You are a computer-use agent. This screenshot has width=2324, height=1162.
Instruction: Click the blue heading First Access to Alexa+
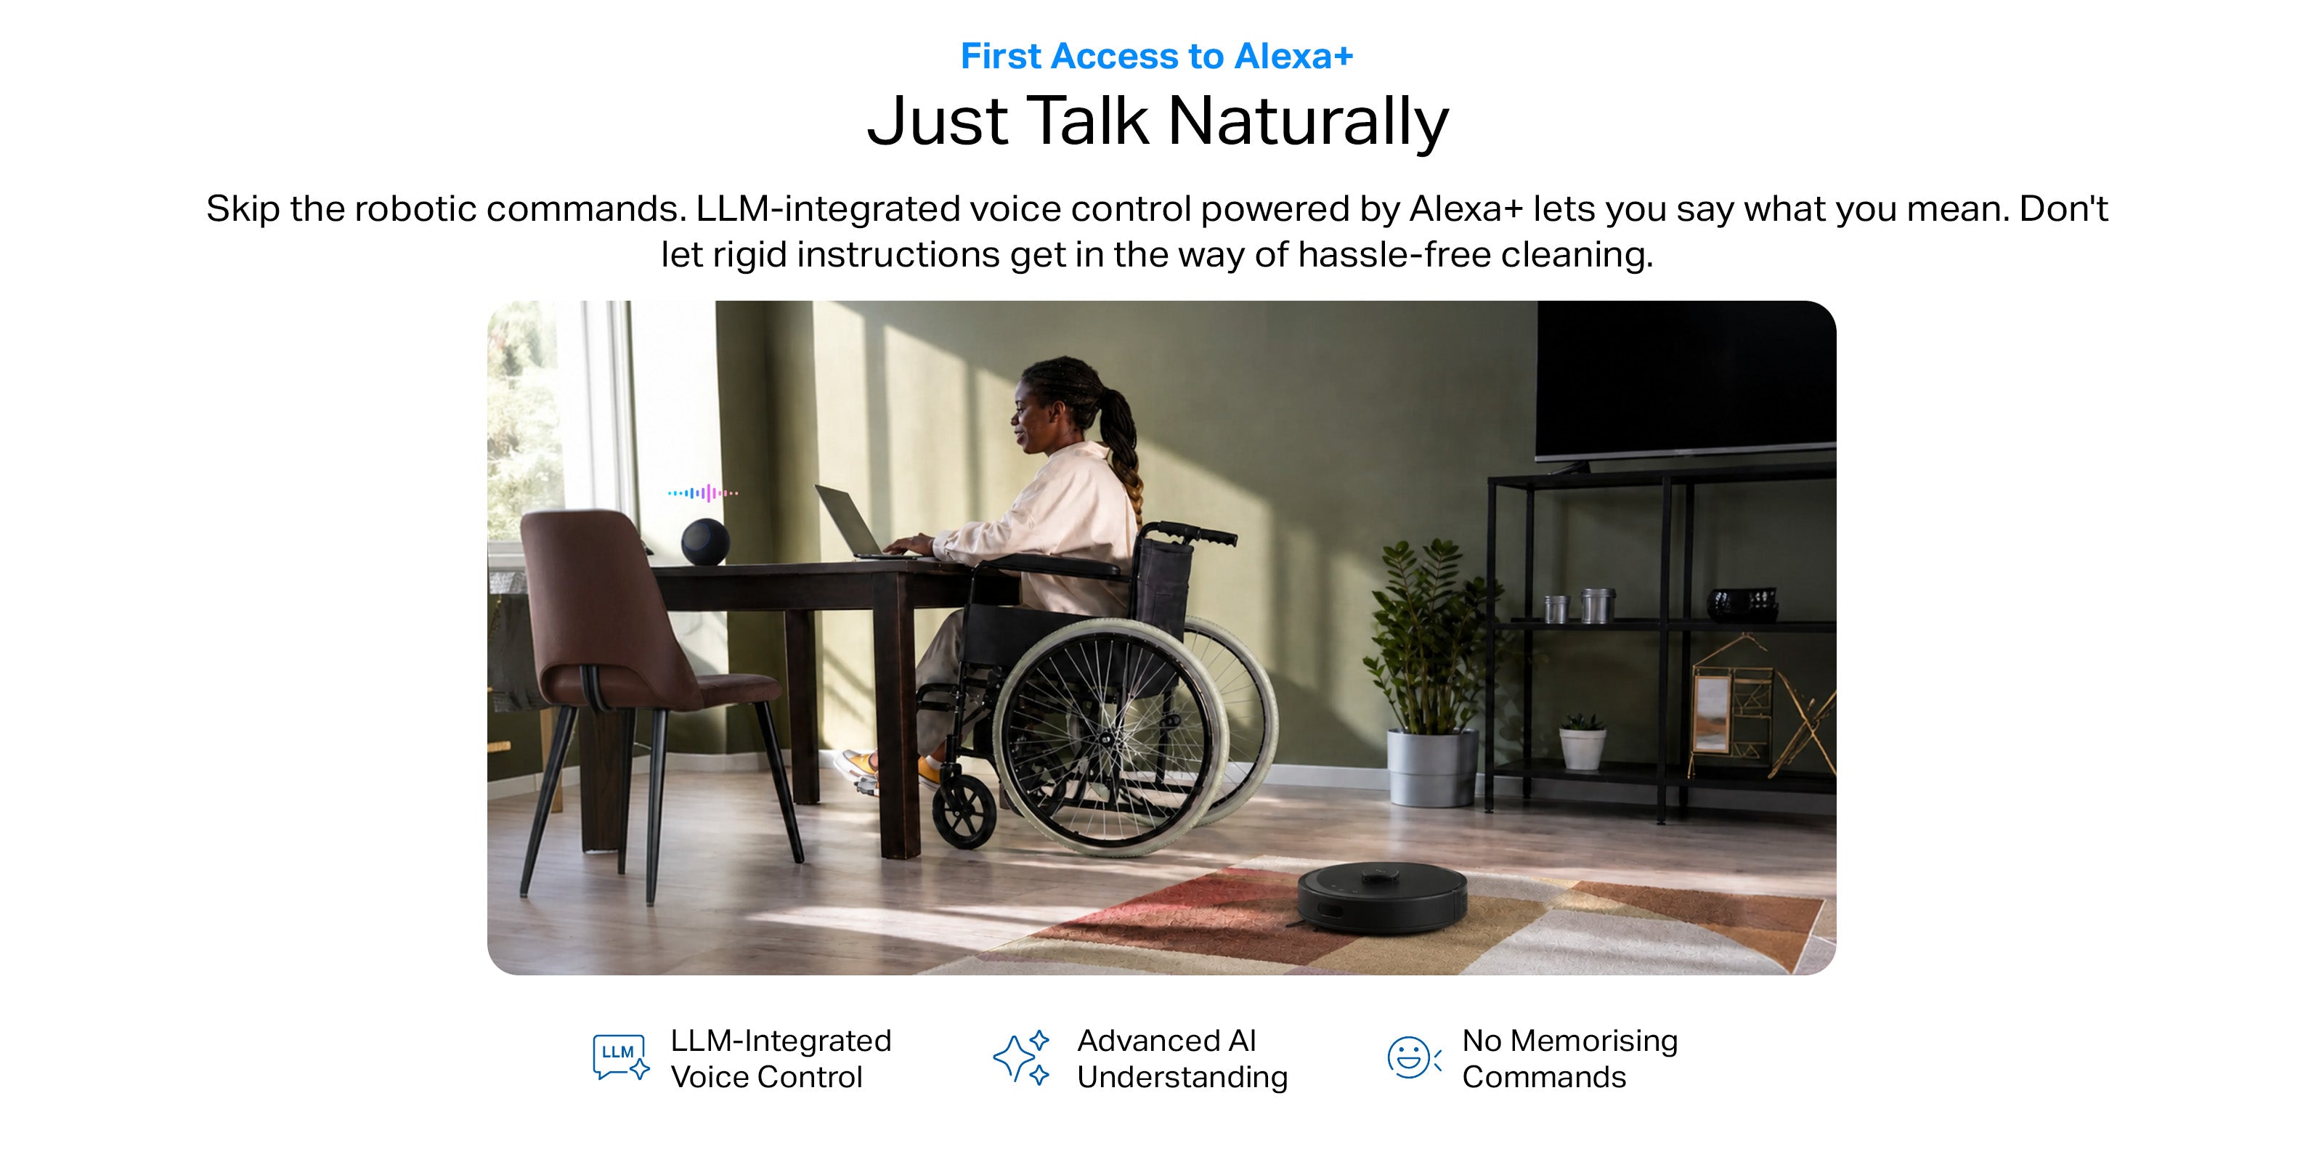pyautogui.click(x=1157, y=56)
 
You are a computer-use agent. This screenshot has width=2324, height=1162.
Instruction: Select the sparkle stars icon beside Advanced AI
pyautogui.click(x=1020, y=1057)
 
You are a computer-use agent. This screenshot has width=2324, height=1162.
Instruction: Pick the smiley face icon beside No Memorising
pyautogui.click(x=1413, y=1057)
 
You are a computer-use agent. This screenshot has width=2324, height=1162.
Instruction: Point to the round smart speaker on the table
pyautogui.click(x=704, y=541)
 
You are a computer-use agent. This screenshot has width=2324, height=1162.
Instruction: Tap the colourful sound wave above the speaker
pyautogui.click(x=703, y=492)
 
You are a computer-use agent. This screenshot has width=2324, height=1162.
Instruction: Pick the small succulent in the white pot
pyautogui.click(x=1582, y=741)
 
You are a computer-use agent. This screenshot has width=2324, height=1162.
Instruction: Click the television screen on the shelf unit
pyautogui.click(x=1685, y=379)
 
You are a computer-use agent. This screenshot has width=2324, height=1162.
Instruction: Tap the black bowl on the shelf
pyautogui.click(x=1742, y=604)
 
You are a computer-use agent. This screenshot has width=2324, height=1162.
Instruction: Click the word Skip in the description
pyautogui.click(x=243, y=209)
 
